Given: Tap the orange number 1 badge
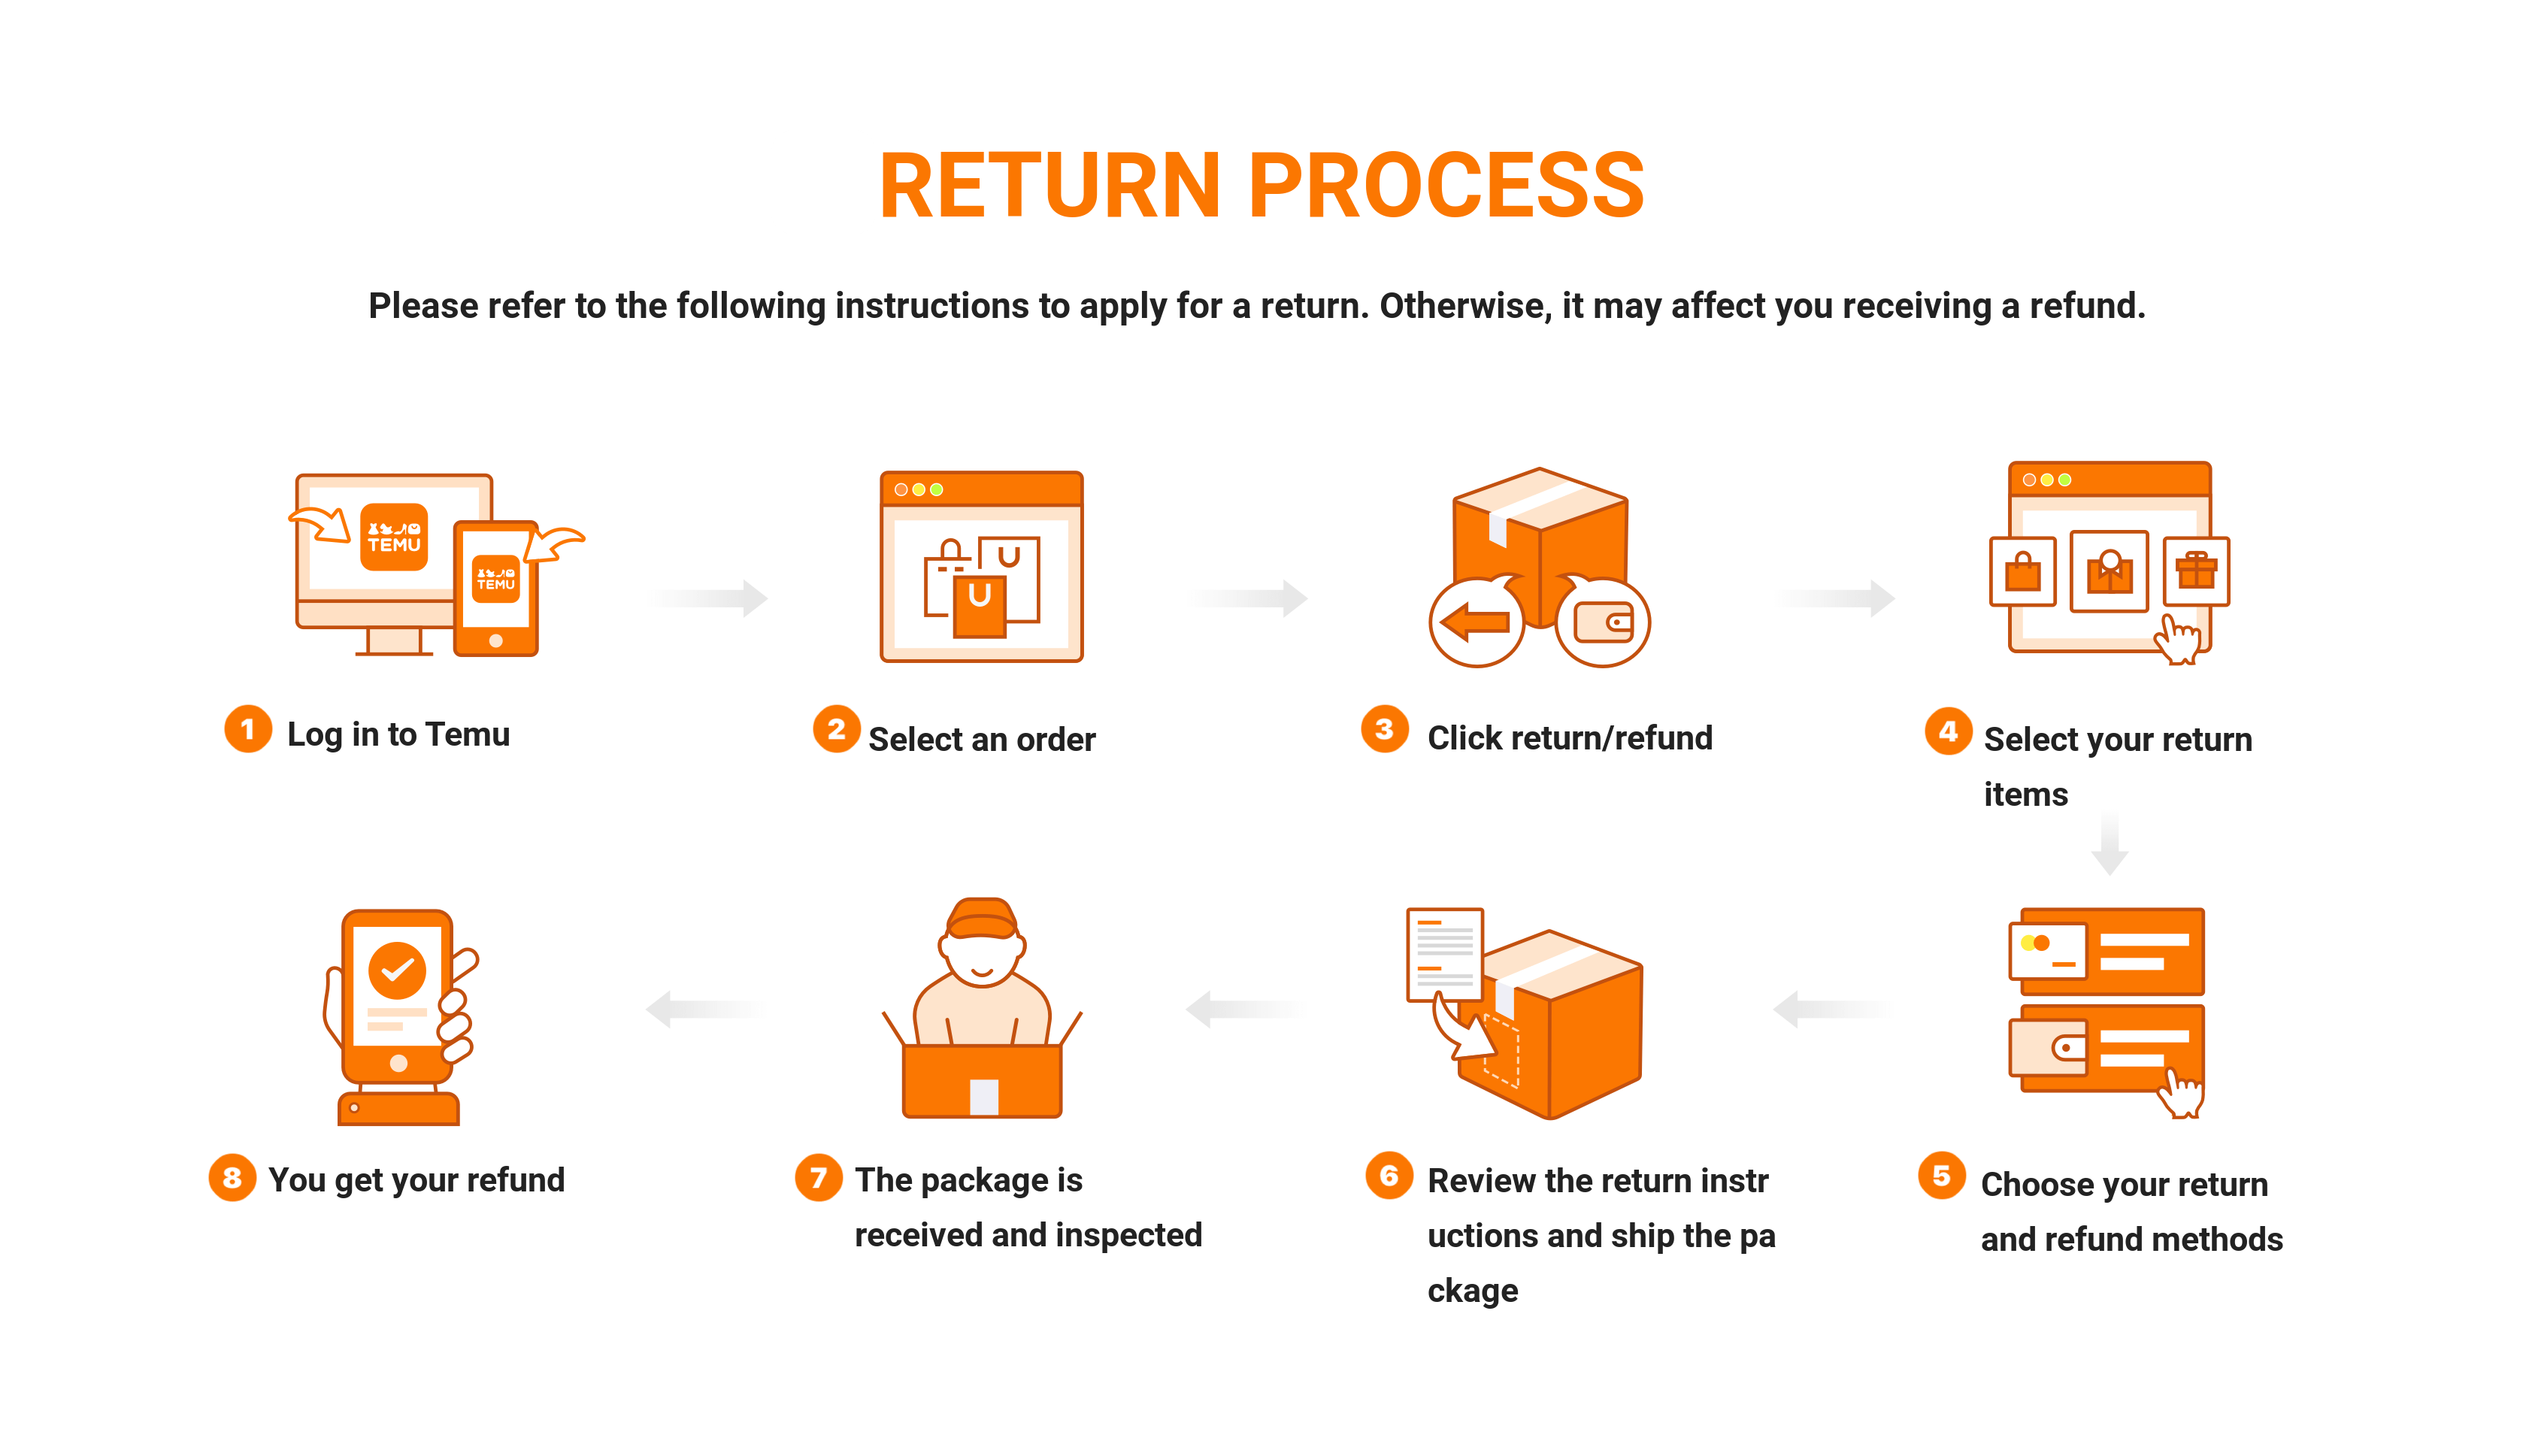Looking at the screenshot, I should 248,729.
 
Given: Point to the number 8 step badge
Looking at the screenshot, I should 232,1177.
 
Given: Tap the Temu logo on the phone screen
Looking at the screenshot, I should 495,578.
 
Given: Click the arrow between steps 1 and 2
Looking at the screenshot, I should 711,597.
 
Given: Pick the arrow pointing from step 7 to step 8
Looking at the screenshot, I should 704,1008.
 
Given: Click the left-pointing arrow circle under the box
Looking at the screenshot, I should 1476,621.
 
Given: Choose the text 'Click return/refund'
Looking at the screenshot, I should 1569,737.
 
